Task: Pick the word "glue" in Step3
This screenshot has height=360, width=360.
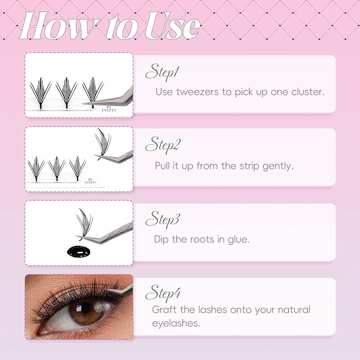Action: [238, 239]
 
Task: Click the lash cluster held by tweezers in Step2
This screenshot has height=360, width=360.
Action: [104, 143]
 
